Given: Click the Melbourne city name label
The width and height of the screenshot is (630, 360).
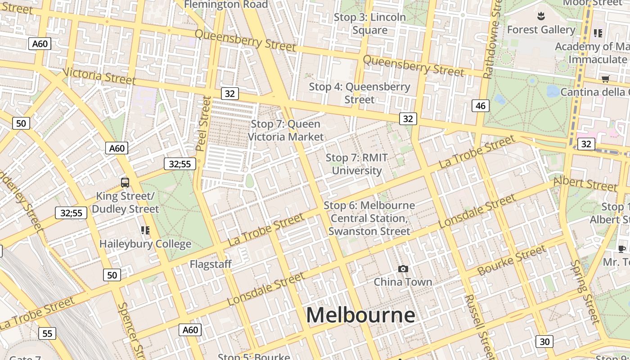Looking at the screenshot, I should [x=360, y=315].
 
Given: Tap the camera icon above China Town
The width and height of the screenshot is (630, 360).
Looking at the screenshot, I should [x=403, y=269].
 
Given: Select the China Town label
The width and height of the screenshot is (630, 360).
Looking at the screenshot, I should [x=403, y=282].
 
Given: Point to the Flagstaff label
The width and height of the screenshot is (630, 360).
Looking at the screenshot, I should [x=211, y=264].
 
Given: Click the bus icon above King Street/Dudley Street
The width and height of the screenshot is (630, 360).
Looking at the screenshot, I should [x=125, y=183].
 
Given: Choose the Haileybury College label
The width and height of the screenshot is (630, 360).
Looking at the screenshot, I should [x=145, y=244].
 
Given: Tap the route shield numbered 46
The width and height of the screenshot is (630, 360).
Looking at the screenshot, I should [x=481, y=106].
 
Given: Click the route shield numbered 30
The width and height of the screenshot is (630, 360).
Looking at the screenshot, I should [x=544, y=342].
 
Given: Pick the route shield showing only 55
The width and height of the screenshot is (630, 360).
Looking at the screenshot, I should [x=47, y=333].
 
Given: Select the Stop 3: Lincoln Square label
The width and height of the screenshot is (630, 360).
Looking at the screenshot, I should [x=370, y=24].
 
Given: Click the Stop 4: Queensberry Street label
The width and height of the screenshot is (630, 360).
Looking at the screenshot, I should [x=360, y=93].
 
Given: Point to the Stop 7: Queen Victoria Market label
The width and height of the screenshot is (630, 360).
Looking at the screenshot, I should [x=286, y=130].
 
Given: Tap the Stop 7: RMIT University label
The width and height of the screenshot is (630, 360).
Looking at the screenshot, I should [x=357, y=164].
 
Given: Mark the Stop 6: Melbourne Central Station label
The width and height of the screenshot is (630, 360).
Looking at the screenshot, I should [x=369, y=218].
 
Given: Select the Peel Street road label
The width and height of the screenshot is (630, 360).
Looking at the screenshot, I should [x=204, y=124].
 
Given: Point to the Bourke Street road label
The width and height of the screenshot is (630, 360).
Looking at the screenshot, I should [x=512, y=260].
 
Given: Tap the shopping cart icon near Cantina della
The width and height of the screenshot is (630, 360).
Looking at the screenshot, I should [x=605, y=79].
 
